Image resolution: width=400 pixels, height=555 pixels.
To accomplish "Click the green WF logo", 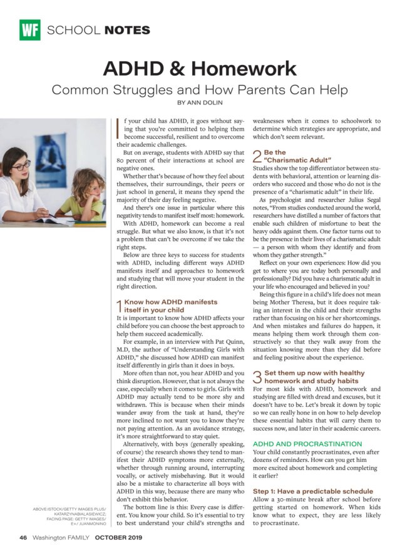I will tap(29, 29).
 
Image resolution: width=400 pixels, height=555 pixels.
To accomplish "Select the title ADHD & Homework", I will tap(200, 67).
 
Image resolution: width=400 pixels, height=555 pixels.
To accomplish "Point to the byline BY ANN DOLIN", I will tap(200, 102).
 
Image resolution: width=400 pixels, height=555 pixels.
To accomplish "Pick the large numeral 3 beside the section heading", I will tap(257, 376).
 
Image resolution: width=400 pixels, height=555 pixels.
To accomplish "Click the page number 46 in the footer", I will tap(23, 537).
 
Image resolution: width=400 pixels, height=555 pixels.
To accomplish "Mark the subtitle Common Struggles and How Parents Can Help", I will tap(200, 89).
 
